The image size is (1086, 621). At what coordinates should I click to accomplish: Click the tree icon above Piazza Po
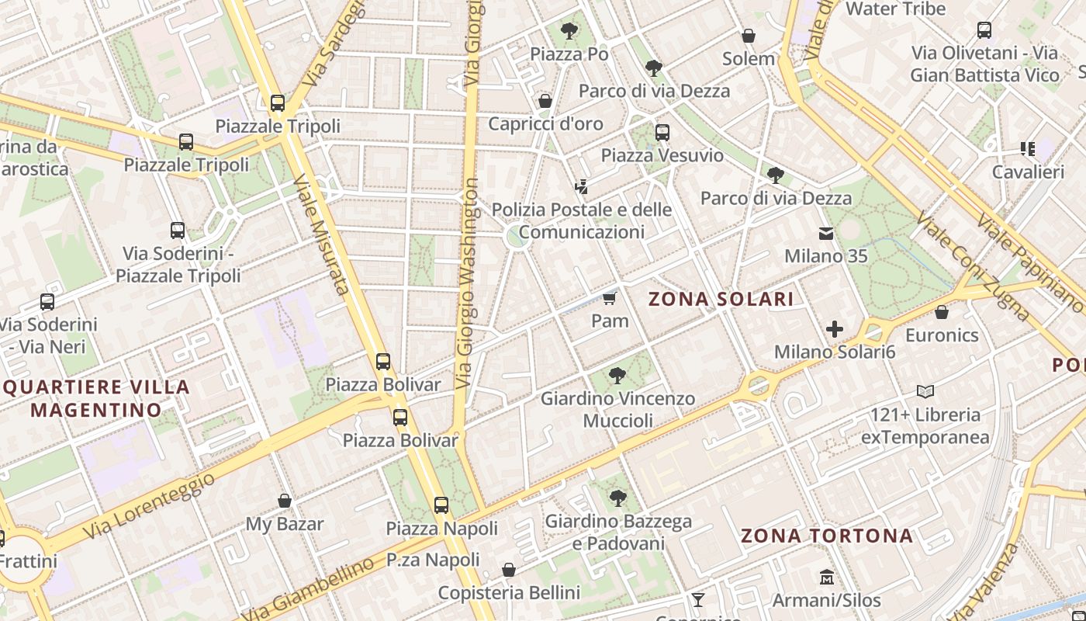click(569, 31)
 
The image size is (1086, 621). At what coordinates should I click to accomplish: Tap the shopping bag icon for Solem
click(749, 36)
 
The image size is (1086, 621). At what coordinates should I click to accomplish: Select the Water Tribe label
click(896, 9)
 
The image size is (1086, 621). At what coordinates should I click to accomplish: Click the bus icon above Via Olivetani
click(984, 30)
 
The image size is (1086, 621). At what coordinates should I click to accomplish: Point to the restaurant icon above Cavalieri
click(1028, 148)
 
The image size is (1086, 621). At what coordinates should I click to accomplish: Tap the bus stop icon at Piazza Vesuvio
click(662, 133)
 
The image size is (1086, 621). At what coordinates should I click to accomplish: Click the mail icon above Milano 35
click(825, 233)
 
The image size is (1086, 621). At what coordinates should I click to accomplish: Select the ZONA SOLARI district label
click(721, 299)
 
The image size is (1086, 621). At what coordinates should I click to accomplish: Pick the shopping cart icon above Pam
click(610, 298)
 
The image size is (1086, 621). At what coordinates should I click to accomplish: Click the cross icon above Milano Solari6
click(835, 329)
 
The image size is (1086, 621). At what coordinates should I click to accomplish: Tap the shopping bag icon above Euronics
click(942, 313)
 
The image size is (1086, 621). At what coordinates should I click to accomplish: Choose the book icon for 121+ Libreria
click(925, 391)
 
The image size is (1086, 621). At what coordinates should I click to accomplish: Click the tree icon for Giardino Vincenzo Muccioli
click(617, 376)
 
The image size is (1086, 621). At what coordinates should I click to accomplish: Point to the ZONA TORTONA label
click(827, 536)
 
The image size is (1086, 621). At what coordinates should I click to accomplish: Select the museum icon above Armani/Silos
click(827, 578)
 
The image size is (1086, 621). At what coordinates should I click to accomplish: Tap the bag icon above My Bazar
click(285, 501)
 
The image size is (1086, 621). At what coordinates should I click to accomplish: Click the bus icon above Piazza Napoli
click(441, 505)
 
